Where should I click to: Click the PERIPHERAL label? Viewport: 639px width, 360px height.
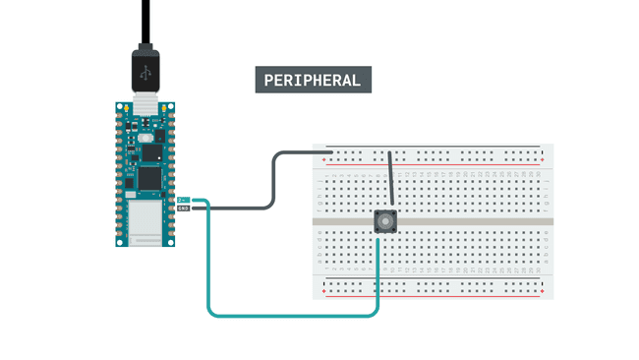[x=313, y=80]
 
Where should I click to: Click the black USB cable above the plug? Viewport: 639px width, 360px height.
[x=145, y=20]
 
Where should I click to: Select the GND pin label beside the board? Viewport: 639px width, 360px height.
[x=183, y=209]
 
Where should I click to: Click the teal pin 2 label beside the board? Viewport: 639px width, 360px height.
[x=183, y=200]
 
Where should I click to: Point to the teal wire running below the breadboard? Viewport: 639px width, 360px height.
[x=295, y=315]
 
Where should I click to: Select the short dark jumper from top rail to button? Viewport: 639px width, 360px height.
[x=392, y=182]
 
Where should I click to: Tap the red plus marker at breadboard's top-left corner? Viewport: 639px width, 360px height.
[x=323, y=159]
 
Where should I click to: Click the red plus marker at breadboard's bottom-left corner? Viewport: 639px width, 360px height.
[x=323, y=292]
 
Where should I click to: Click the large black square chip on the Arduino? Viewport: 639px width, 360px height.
[x=147, y=178]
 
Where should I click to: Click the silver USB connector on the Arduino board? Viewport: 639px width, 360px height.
[x=145, y=101]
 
